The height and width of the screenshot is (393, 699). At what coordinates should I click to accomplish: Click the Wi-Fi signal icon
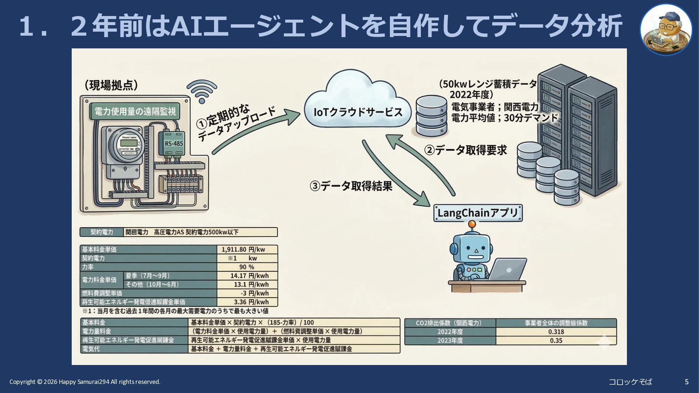pos(202,92)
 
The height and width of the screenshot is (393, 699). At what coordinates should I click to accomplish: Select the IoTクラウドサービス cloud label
pos(358,112)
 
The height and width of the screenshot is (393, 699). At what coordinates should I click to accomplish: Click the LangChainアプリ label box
pos(478,213)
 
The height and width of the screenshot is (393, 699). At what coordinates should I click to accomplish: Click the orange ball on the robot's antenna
pos(472,224)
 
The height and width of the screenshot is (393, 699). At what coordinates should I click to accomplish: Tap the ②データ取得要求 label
pos(466,150)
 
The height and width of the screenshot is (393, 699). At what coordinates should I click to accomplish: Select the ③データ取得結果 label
pos(351,186)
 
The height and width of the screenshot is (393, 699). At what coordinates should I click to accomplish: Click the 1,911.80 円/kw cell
pos(247,250)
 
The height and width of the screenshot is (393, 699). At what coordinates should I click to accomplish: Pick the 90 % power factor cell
pos(247,267)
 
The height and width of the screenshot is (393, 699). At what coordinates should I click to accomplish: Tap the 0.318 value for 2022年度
pos(556,332)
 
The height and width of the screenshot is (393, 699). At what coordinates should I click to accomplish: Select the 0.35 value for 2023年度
pos(556,341)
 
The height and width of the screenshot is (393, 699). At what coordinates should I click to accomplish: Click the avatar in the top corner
pos(666,29)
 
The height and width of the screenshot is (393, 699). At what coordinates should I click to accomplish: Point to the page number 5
pos(687,382)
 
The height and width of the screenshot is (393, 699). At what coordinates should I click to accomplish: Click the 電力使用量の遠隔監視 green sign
pos(135,111)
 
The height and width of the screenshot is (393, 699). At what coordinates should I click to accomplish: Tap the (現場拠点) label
pos(111,85)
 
